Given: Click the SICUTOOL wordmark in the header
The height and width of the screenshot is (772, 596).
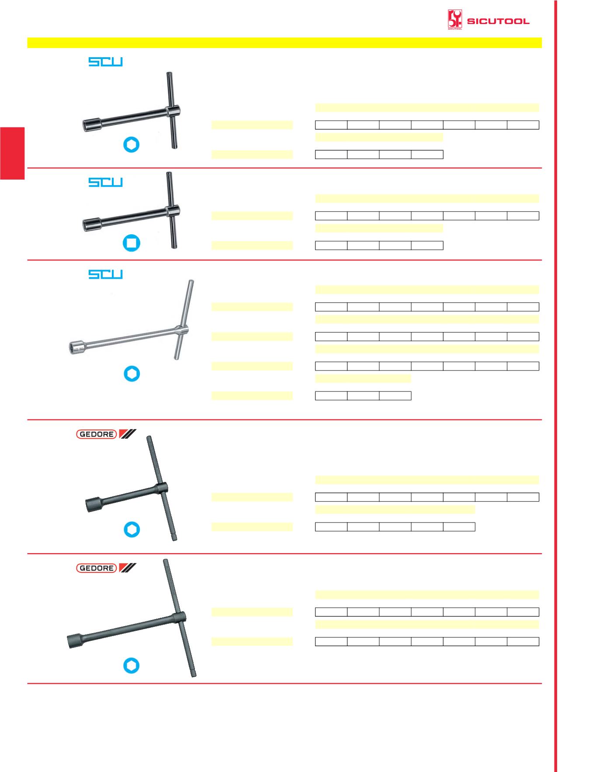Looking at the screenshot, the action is (x=498, y=21).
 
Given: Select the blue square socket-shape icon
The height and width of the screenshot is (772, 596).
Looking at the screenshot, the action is (x=132, y=243).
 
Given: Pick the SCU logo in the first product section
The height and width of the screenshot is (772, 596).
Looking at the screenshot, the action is (x=106, y=62).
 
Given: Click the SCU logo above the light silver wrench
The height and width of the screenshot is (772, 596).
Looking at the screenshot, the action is (x=106, y=274).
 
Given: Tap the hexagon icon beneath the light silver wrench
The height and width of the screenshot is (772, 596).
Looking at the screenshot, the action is (x=132, y=374).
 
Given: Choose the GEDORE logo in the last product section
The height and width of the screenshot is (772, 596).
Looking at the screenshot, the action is (x=106, y=568).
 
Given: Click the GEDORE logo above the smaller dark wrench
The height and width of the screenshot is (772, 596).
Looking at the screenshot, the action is (x=106, y=434).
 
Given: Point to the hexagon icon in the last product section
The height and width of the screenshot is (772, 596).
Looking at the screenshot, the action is (x=132, y=666).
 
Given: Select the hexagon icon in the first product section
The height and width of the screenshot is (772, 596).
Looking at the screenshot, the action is (x=132, y=145).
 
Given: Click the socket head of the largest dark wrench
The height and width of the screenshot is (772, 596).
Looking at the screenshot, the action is (x=75, y=640).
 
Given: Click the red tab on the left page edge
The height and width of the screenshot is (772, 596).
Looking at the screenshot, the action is (x=12, y=153).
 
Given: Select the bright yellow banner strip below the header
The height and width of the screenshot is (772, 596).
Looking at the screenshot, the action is (x=284, y=42).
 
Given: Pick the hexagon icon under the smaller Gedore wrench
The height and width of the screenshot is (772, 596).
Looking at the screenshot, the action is (x=132, y=530).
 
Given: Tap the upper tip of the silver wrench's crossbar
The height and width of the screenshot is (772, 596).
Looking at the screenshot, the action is (x=191, y=281).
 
